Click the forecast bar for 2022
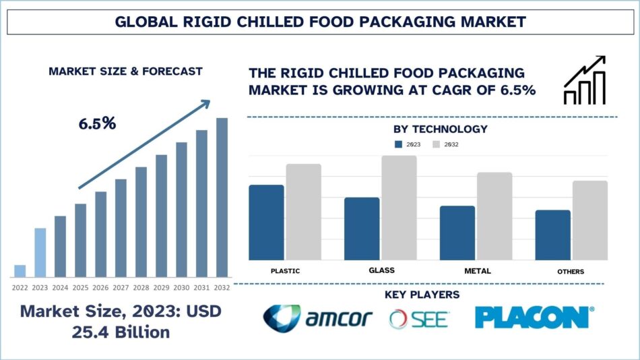point(20,270)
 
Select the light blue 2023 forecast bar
point(40,252)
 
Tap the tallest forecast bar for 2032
point(222,197)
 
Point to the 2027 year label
point(121,287)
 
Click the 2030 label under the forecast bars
point(181,287)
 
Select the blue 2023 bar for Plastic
point(266,222)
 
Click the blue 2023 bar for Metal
point(457,233)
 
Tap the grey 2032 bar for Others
point(590,220)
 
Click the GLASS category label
point(381,270)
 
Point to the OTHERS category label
point(571,271)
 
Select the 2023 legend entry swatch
point(398,144)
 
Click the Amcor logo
point(317,318)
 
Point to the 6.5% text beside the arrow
point(97,123)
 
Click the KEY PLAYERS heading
point(422,295)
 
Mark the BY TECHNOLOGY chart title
point(440,129)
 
